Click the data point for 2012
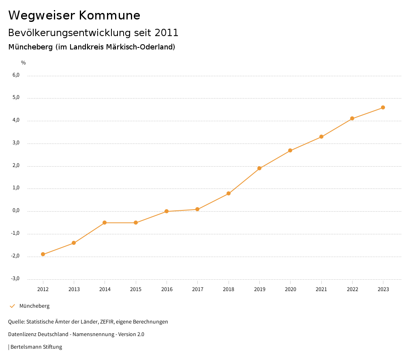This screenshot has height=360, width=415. [x=43, y=254]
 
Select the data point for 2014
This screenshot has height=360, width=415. [x=105, y=223]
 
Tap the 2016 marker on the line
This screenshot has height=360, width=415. [x=167, y=211]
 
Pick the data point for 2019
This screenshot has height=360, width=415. [x=259, y=168]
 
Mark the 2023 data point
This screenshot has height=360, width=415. [x=383, y=107]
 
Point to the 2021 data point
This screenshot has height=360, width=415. [x=321, y=137]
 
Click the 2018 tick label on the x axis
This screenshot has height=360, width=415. [x=229, y=289]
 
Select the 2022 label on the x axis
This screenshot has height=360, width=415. [x=352, y=289]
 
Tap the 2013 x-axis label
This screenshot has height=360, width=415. [x=74, y=289]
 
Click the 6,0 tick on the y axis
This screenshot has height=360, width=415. [x=16, y=75]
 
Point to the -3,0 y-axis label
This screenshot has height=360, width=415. [x=15, y=279]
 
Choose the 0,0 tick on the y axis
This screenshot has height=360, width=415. [x=16, y=211]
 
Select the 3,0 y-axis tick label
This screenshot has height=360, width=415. [x=16, y=143]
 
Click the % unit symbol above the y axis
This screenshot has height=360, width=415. [x=24, y=63]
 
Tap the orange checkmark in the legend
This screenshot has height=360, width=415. [x=12, y=306]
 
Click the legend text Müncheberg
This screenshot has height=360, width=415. [x=34, y=306]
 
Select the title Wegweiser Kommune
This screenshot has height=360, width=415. [x=74, y=15]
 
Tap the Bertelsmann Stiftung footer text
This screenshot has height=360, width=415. [x=36, y=347]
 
